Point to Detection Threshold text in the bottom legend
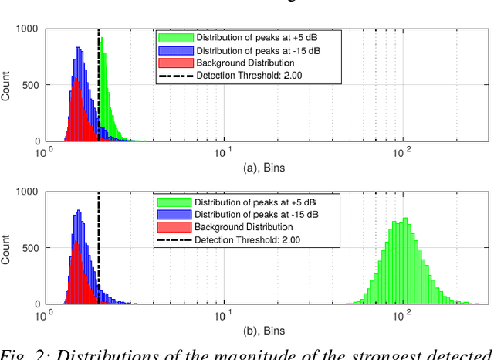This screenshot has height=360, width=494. tap(247, 240)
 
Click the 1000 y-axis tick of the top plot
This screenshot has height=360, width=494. tap(28, 29)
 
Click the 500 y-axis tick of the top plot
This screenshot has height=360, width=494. tap(32, 85)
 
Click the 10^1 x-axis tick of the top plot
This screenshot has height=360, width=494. tap(224, 152)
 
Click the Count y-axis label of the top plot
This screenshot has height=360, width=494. tap(7, 85)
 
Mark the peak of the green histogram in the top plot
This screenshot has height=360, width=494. tap(102, 38)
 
